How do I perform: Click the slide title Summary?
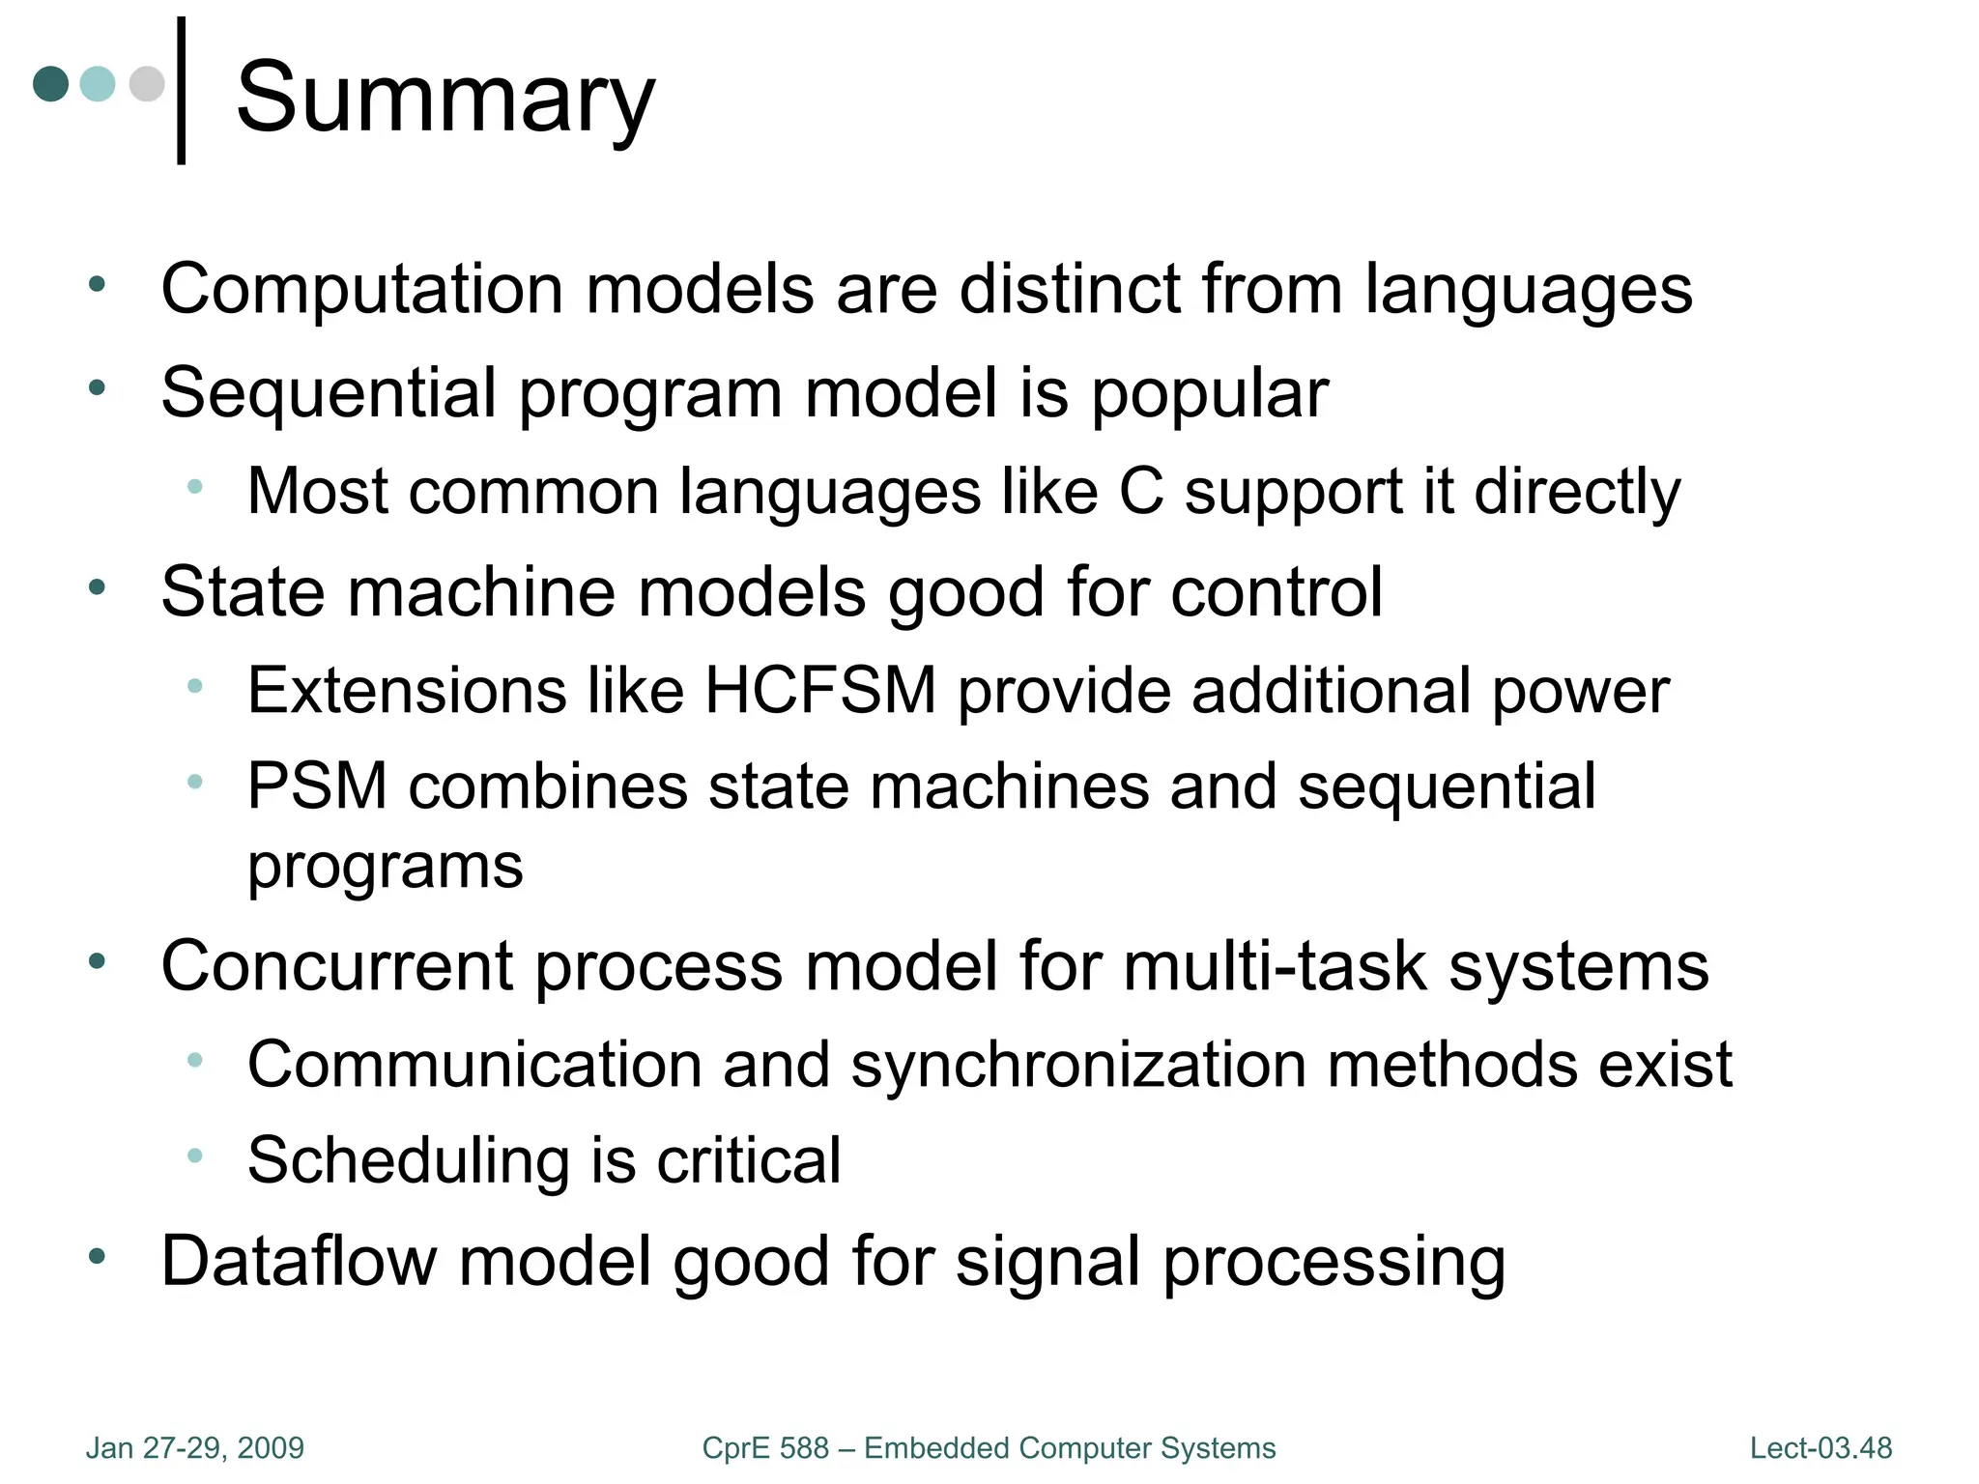(x=445, y=98)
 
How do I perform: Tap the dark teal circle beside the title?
(x=51, y=84)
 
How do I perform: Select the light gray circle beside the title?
(x=147, y=84)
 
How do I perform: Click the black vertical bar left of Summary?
(x=181, y=91)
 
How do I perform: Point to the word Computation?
(x=362, y=289)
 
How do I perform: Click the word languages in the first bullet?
(x=1528, y=289)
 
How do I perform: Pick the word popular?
(x=1210, y=393)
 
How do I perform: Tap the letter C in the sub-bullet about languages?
(x=1141, y=492)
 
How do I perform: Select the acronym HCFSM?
(x=820, y=690)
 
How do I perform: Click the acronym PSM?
(x=317, y=785)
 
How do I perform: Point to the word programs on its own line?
(x=385, y=866)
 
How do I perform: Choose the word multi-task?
(x=1275, y=965)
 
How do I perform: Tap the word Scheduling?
(x=408, y=1159)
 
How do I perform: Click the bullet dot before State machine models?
(x=97, y=586)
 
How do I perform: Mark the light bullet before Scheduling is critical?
(x=194, y=1155)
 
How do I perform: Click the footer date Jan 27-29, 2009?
(x=195, y=1447)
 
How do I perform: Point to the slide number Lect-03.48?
(x=1821, y=1447)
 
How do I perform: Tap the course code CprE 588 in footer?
(x=764, y=1447)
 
